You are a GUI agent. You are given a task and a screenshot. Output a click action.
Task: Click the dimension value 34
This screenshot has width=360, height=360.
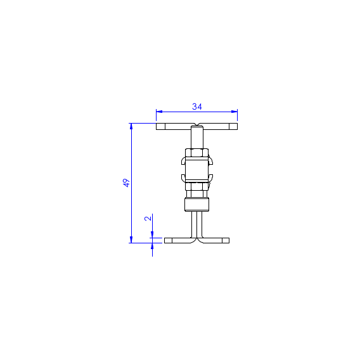coord(197,106)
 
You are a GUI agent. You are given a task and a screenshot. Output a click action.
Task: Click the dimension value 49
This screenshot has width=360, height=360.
coord(126,183)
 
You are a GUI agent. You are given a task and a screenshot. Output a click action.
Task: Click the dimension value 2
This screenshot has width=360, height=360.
coord(148,218)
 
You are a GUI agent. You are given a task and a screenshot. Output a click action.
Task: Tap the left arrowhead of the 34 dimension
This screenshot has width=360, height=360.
coord(159,112)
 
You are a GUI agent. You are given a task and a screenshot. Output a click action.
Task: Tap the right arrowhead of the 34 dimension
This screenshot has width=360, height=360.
coord(234,112)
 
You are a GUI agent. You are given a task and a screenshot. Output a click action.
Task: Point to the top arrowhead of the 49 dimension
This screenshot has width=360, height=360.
coord(131,126)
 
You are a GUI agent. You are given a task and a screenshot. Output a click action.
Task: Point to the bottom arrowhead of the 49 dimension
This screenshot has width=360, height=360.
coord(131,240)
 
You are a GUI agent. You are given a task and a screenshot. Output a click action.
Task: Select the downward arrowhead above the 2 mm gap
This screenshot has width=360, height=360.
coord(152,235)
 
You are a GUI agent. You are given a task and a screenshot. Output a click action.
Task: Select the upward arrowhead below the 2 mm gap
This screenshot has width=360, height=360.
coord(152,246)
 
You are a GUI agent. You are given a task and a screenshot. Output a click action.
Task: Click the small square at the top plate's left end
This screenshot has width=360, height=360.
coord(160,127)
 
